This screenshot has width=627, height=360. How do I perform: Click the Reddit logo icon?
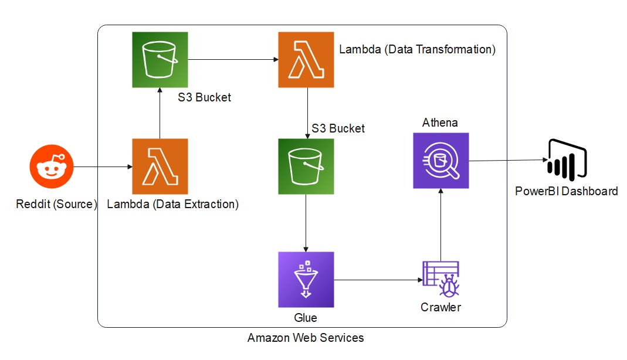(52, 167)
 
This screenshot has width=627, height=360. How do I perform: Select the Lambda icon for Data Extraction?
(160, 167)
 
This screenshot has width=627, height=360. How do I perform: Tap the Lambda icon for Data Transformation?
(306, 60)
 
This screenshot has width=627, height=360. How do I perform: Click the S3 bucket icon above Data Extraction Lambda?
(160, 60)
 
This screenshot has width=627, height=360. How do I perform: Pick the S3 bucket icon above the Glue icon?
(306, 167)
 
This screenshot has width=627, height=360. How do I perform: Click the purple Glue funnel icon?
(306, 280)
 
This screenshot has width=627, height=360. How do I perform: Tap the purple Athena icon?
(441, 161)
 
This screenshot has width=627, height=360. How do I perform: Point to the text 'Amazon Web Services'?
(306, 338)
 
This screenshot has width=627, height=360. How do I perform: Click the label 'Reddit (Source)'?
(56, 205)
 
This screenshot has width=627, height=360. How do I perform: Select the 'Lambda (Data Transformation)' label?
(418, 49)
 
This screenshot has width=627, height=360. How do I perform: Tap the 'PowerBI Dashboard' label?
(566, 191)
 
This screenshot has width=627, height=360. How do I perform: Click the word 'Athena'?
(440, 123)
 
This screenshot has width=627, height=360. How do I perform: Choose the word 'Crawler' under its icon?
(440, 307)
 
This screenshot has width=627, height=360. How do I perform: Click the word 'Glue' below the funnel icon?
(306, 318)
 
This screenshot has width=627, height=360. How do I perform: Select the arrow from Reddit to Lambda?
(103, 167)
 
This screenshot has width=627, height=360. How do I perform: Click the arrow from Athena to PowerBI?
(507, 160)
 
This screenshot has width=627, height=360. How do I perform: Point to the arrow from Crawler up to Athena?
(440, 223)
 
